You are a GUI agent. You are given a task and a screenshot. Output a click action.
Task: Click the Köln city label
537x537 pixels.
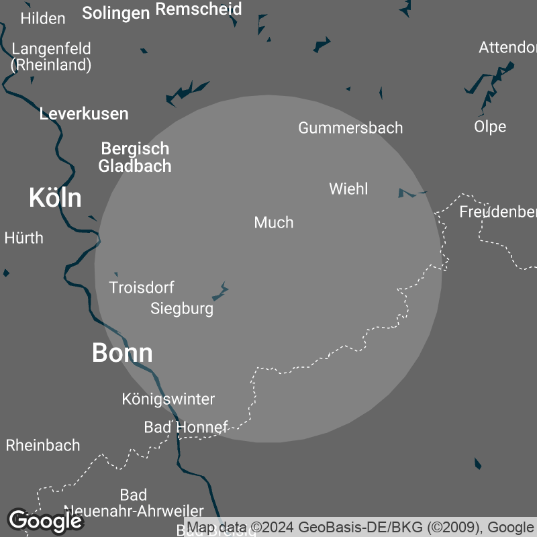[55, 198]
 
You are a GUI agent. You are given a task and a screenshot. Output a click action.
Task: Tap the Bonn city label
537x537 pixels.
[122, 353]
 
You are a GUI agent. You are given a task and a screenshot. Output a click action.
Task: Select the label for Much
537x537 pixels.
[274, 222]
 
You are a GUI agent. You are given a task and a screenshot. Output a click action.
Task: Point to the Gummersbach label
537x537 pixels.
[350, 128]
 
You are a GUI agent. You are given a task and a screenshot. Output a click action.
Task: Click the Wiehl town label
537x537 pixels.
[348, 189]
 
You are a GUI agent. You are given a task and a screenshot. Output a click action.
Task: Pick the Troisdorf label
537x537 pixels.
[142, 287]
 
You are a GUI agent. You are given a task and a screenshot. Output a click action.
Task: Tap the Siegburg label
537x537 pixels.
[182, 309]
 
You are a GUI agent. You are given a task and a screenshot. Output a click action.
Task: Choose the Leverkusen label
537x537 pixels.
[84, 113]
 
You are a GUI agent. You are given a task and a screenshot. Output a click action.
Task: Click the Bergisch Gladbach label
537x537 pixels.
[135, 157]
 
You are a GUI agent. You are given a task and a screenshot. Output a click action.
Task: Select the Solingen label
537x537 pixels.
[115, 13]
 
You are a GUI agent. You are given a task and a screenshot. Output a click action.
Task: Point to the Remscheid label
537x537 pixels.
[198, 9]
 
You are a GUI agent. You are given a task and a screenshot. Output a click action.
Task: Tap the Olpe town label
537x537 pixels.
[490, 126]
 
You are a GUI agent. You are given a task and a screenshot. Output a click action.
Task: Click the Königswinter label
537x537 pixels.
[168, 399]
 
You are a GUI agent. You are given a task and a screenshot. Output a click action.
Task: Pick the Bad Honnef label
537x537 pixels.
[186, 427]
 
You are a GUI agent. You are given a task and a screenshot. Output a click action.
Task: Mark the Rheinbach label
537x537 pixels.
[43, 445]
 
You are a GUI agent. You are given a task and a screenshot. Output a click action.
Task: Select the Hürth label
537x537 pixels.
[23, 238]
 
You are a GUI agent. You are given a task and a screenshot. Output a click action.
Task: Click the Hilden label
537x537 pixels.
[43, 18]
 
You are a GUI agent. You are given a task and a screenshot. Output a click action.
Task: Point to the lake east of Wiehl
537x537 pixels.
[409, 193]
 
